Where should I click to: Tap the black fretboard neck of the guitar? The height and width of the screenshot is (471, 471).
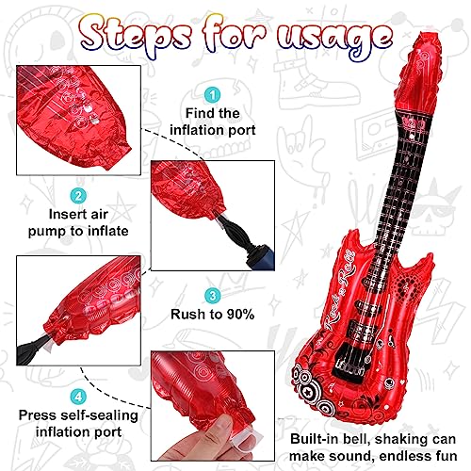pos(382,207)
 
